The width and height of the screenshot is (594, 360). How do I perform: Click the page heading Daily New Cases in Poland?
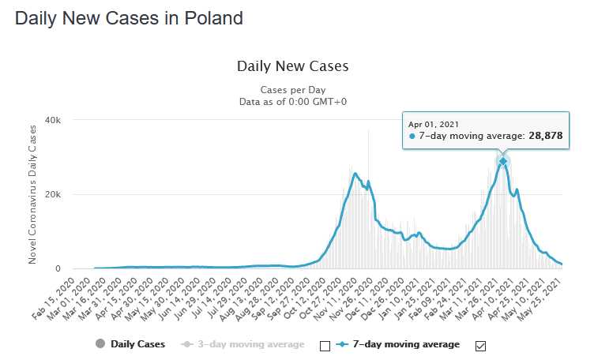129,17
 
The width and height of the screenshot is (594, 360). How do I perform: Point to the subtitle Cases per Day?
292,89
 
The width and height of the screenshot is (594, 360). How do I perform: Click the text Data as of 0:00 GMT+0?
292,101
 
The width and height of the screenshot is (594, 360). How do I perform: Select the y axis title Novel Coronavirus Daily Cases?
33,194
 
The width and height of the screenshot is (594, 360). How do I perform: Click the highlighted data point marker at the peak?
502,161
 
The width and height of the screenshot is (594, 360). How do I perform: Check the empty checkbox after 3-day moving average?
325,344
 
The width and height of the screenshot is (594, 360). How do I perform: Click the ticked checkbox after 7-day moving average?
479,344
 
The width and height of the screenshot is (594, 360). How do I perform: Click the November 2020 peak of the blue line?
355,173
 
